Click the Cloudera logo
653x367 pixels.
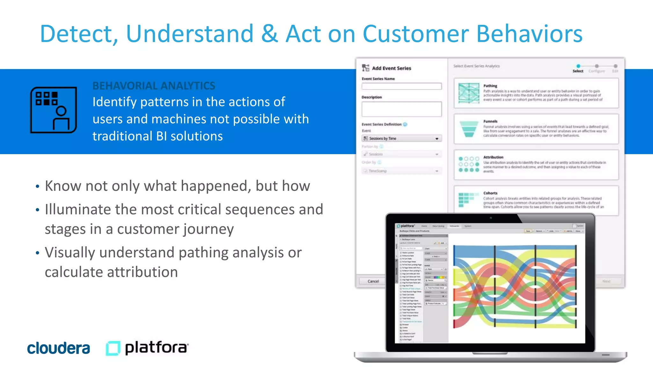point(59,348)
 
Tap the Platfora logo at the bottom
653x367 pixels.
point(147,348)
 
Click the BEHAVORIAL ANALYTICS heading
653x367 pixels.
point(154,86)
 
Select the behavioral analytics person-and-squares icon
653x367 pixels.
point(54,110)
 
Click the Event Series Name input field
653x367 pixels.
point(401,86)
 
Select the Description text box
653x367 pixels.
point(401,109)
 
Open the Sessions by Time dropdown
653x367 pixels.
point(401,139)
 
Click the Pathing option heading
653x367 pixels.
point(490,86)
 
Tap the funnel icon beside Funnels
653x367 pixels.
point(469,129)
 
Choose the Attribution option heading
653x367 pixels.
point(493,157)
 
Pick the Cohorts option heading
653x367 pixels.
point(490,193)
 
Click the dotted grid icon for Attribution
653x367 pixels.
point(469,164)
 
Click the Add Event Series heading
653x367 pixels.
point(391,68)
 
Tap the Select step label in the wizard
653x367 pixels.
point(578,71)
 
